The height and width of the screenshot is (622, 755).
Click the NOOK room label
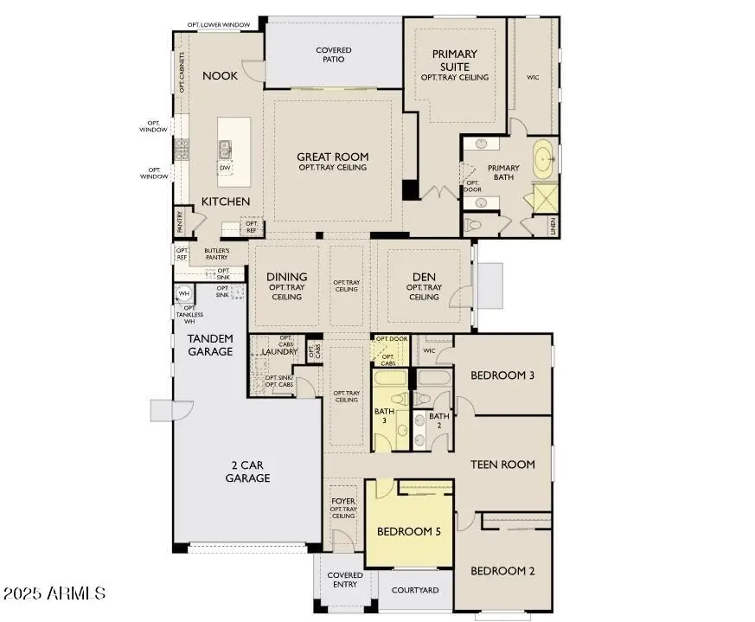pos(220,76)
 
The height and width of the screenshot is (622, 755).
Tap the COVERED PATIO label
pos(333,55)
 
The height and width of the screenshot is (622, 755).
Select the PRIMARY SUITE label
pos(454,61)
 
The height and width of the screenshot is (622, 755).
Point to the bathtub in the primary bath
pos(544,159)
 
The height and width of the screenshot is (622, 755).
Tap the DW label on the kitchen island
pos(225,168)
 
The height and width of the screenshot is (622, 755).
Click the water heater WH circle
pos(184,294)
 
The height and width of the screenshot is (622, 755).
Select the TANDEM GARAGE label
pos(210,345)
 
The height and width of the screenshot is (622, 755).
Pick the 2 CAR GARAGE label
pos(247,471)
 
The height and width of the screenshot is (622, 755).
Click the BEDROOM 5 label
pos(408,532)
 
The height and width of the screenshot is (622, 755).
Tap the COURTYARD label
pos(414,590)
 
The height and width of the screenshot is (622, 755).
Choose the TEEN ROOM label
pos(502,465)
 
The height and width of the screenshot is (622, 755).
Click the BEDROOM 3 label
pos(502,375)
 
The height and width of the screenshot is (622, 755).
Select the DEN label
pos(423,277)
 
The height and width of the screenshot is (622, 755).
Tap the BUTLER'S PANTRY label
pos(216,254)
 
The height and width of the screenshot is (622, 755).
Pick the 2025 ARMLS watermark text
pos(54,594)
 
